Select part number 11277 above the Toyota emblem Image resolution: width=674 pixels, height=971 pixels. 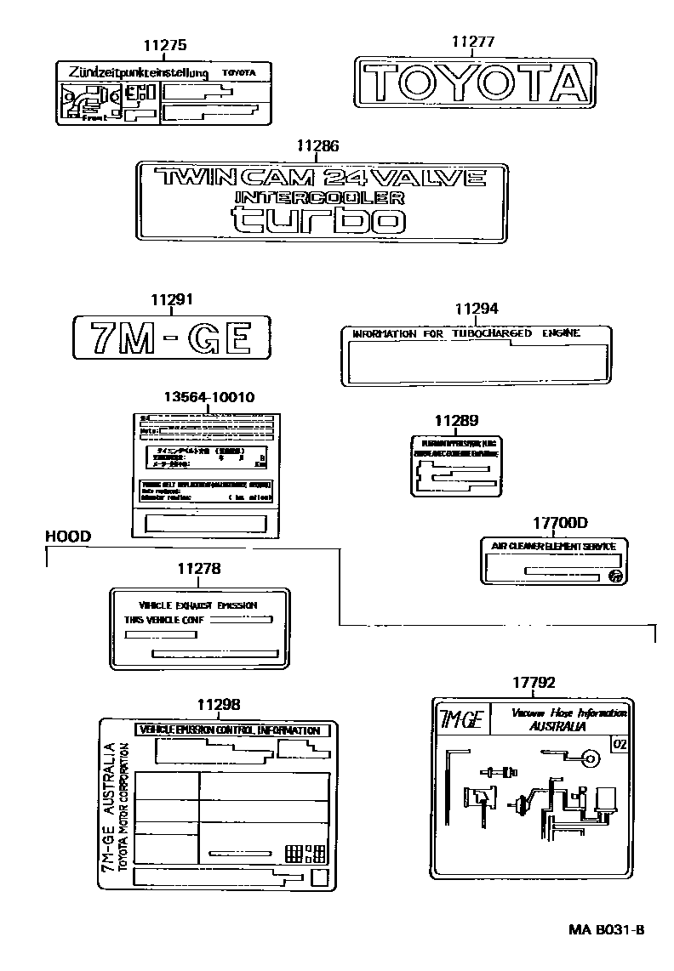pyautogui.click(x=472, y=42)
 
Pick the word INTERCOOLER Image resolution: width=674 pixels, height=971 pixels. pyautogui.click(x=319, y=197)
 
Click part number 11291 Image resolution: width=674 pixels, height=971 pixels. pyautogui.click(x=172, y=299)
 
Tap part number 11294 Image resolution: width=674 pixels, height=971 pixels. pyautogui.click(x=477, y=309)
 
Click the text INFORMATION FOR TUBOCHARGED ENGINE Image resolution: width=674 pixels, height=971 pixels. pyautogui.click(x=466, y=334)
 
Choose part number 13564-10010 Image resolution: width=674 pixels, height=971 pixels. pyautogui.click(x=209, y=397)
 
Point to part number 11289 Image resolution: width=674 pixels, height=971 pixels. pyautogui.click(x=456, y=420)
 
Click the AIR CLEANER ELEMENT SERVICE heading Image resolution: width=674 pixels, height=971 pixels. pyautogui.click(x=553, y=546)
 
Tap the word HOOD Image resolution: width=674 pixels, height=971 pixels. pyautogui.click(x=67, y=536)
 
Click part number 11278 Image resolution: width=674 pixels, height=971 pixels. pyautogui.click(x=199, y=568)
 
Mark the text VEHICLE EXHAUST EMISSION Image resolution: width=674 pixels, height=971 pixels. pyautogui.click(x=197, y=605)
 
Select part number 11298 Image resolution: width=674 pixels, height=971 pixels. pyautogui.click(x=218, y=704)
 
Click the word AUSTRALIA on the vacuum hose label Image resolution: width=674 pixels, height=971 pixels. pyautogui.click(x=557, y=727)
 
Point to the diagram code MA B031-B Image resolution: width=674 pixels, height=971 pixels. pyautogui.click(x=605, y=929)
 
